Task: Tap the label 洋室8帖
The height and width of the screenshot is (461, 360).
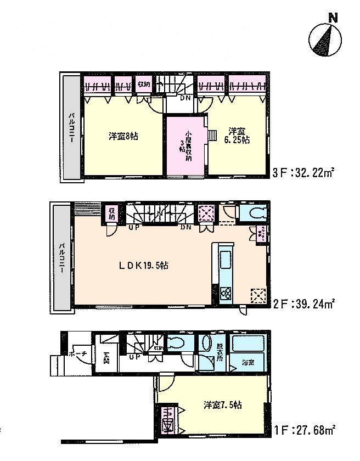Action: [x=122, y=136]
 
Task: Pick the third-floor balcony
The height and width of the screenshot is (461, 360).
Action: [x=72, y=127]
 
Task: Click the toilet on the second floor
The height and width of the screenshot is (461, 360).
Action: [x=255, y=213]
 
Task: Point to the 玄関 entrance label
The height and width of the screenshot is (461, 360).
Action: [x=106, y=358]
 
